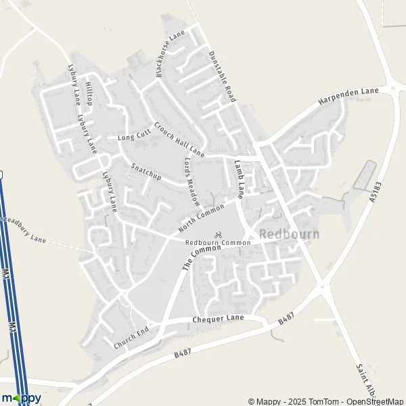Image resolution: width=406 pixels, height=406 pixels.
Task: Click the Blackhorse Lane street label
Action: point(170,53)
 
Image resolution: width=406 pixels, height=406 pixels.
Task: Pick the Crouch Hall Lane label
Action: point(179,139)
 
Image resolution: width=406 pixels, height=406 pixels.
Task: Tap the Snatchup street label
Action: point(145,170)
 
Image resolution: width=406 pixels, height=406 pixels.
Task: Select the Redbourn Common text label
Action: point(213,243)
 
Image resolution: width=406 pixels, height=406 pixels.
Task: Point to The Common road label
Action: point(202,258)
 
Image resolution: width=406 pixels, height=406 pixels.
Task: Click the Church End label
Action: point(131,338)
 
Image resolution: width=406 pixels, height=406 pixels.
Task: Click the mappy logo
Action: point(21,398)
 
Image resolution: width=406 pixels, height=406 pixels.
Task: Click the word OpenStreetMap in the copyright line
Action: point(376,401)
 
